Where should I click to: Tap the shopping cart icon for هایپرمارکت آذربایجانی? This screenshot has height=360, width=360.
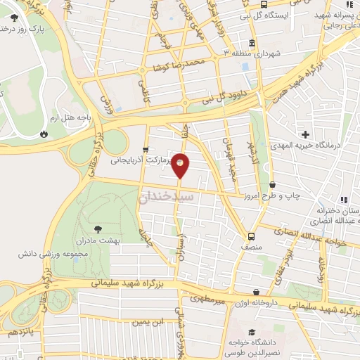[145, 149]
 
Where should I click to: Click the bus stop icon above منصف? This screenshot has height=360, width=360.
[251, 236]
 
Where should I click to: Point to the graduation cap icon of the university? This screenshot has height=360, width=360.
[252, 332]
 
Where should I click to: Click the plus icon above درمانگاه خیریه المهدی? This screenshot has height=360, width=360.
[305, 134]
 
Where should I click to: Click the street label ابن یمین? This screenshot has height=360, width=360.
[149, 323]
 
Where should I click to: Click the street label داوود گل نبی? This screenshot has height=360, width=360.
[226, 96]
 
